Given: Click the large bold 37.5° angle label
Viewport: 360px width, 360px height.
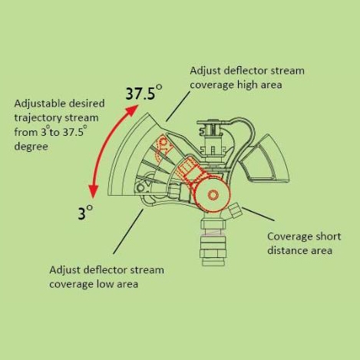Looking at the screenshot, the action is pos(144,92).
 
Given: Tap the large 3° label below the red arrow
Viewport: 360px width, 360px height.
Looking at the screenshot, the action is pos(85,212).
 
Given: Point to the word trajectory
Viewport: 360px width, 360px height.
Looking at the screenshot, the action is pos(38,118).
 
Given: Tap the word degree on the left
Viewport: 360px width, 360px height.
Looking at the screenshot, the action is pos(31,147).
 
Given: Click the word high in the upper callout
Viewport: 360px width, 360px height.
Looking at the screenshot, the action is pos(247,84).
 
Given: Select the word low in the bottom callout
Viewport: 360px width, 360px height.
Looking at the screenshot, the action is pos(105,284).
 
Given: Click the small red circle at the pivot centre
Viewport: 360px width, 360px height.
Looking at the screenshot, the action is pos(213,195).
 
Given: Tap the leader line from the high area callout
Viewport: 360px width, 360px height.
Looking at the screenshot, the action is pos(178,106).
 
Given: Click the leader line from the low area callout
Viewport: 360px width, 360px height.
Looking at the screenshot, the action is pos(128,231).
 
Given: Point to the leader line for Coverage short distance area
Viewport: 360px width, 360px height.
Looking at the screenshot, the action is pos(258,214).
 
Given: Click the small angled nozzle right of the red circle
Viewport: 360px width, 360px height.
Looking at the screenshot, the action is pos(235,210).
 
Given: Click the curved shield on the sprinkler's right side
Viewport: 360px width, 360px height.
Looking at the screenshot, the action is pos(266,159).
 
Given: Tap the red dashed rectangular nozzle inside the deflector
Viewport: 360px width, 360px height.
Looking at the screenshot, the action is pos(187,169).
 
